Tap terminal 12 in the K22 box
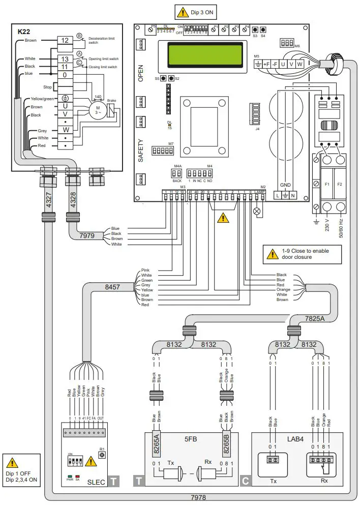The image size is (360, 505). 65,40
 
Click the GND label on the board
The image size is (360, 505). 286,185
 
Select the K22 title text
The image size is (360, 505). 24,32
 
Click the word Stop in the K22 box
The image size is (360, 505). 48,87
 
